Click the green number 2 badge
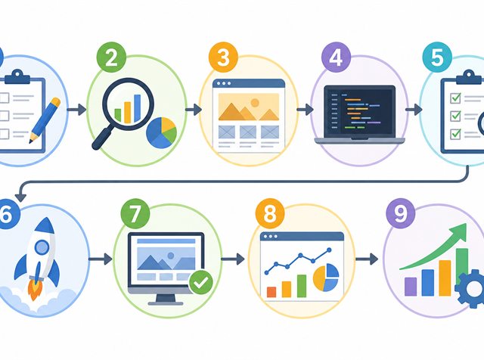[111, 57]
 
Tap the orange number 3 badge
[224, 57]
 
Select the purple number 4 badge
[336, 57]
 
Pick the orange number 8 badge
[270, 213]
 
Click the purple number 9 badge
[401, 213]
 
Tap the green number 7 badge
[135, 213]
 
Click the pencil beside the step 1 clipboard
[45, 120]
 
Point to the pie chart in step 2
[161, 133]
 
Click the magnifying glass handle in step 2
[103, 138]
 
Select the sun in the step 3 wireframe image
[255, 103]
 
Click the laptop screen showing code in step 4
[360, 111]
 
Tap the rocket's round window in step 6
[42, 247]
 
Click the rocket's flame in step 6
[35, 290]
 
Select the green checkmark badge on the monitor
[201, 282]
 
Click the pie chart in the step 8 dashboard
[326, 278]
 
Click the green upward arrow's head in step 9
[458, 232]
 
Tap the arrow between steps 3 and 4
[305, 110]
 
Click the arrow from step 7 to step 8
[233, 259]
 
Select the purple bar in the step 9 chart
[411, 287]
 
